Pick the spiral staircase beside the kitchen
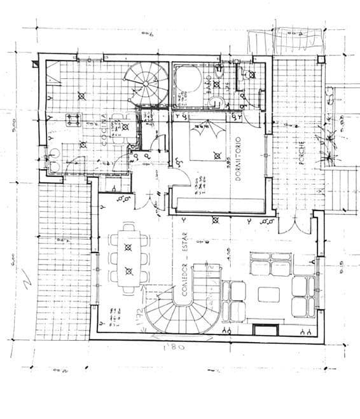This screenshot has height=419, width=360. [x=148, y=83]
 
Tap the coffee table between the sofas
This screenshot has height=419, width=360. [x=268, y=294]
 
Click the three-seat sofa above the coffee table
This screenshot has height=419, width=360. [x=272, y=263]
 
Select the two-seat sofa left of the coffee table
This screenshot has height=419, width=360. [x=237, y=301]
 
